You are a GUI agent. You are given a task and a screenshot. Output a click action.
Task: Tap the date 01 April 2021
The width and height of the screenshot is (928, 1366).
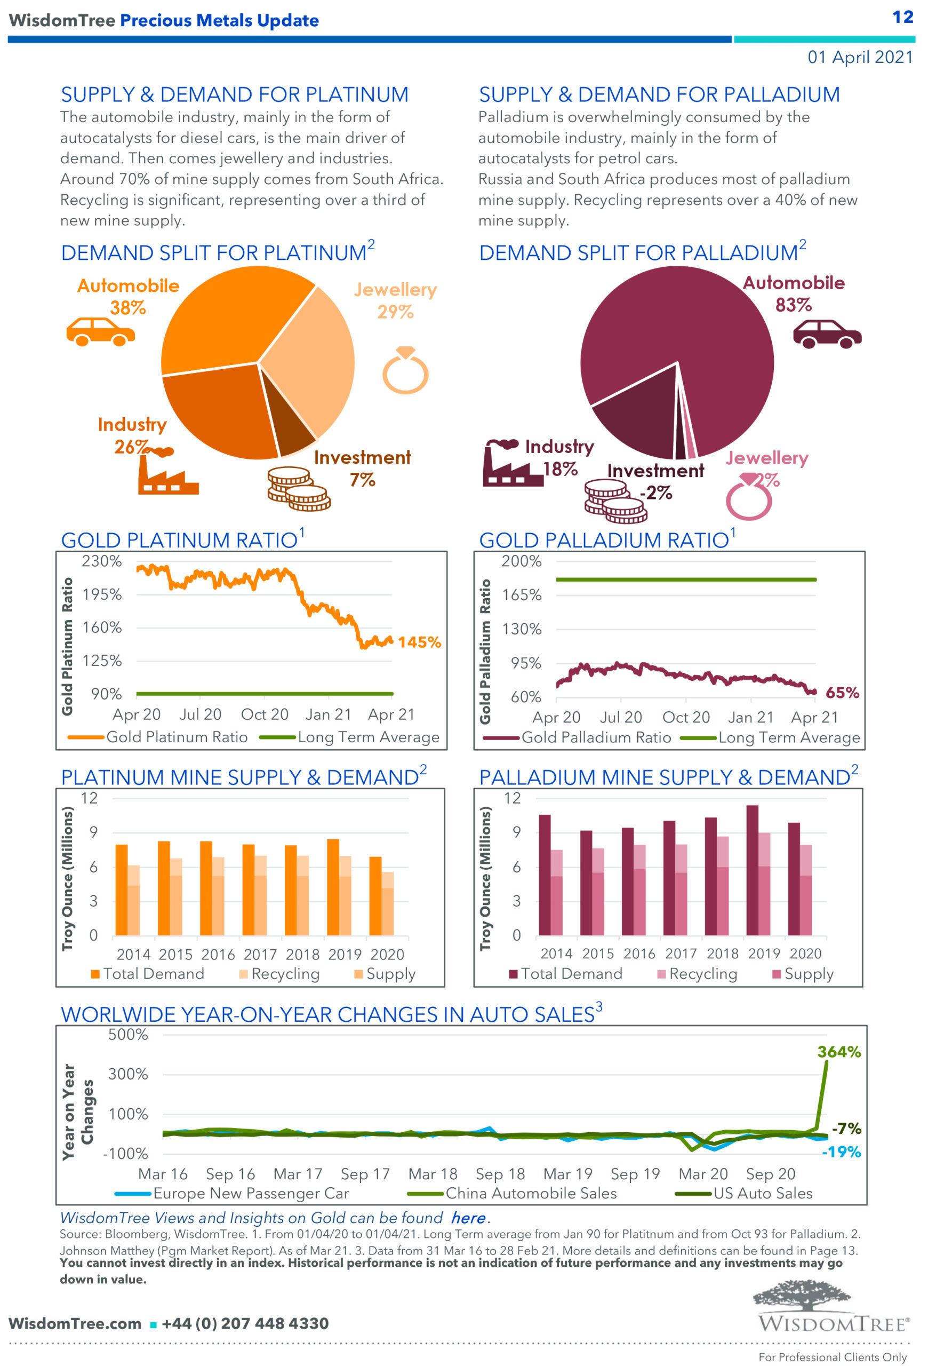click(860, 57)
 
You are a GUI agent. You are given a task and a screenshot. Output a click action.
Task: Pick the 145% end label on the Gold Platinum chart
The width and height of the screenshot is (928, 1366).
click(419, 642)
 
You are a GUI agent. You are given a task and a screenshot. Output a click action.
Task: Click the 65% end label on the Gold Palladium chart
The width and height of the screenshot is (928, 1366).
click(842, 693)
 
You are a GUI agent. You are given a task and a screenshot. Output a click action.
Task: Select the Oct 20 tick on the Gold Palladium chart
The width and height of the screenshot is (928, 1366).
click(685, 717)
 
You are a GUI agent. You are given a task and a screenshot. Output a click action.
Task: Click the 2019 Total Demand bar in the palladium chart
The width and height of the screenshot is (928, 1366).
click(752, 870)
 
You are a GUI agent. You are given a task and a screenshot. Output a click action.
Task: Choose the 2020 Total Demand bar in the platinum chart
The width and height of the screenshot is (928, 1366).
click(375, 896)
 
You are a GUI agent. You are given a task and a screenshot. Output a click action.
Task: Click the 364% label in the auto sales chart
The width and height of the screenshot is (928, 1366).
click(839, 1052)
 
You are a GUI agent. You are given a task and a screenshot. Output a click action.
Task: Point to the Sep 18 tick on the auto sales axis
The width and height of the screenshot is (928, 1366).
click(500, 1174)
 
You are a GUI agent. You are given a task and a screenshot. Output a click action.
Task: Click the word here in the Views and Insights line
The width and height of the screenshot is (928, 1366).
click(468, 1218)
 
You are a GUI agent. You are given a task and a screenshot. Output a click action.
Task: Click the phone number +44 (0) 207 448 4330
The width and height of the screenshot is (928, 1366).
click(245, 1324)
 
